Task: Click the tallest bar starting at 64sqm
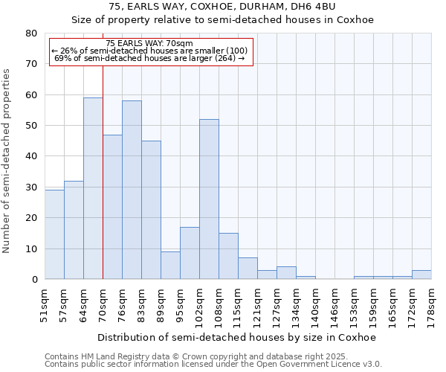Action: coord(93,188)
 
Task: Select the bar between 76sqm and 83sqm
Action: coord(132,190)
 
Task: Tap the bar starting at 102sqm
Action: coord(209,199)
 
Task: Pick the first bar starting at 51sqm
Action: coord(54,234)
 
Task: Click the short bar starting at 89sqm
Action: coord(170,266)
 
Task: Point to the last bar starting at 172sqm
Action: coord(421,275)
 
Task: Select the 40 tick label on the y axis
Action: coord(30,156)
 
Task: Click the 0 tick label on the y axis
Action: coord(33,280)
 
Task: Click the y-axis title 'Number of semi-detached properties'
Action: coord(7,160)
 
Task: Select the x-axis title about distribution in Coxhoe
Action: coord(236,337)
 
